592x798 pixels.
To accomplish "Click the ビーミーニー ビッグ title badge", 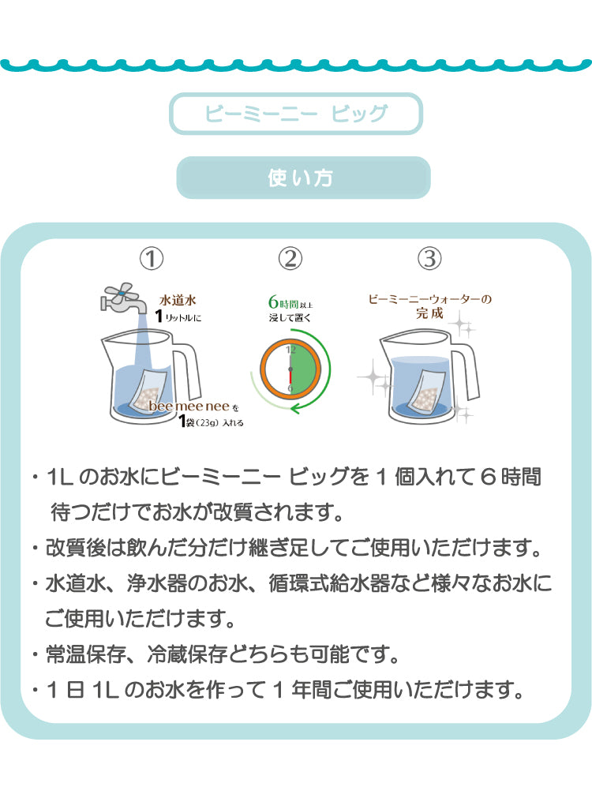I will pos(296,114).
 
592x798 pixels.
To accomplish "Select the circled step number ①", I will pos(152,257).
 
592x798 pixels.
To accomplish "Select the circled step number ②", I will pos(290,257).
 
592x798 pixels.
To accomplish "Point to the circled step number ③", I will pos(429,257).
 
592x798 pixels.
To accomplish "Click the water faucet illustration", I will pos(123,298).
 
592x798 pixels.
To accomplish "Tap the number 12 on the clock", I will pos(290,350).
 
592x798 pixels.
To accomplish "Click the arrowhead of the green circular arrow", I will pos(294,408).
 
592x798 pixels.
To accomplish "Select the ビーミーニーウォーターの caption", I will pos(430,299).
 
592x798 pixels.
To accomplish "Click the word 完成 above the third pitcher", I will pos(430,313).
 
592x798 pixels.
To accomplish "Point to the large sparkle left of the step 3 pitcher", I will pos(371,375).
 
